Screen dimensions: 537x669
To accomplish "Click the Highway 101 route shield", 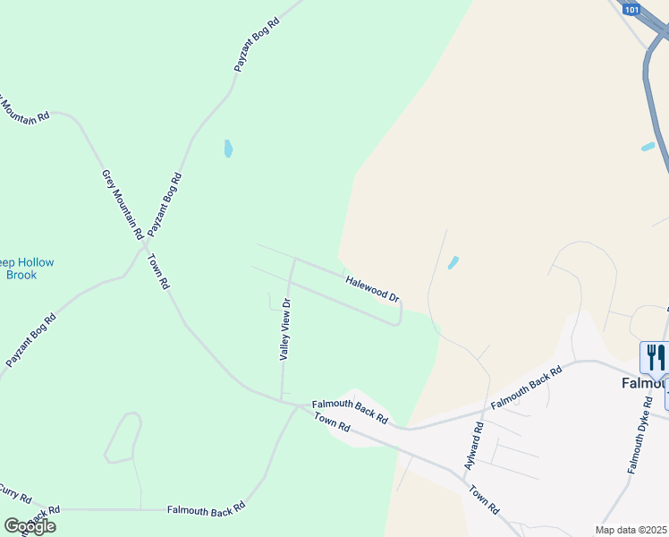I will (632, 10).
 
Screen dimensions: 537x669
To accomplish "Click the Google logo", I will (30, 526).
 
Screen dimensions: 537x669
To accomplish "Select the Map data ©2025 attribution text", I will (631, 530).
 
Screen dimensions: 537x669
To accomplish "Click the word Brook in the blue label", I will (21, 275).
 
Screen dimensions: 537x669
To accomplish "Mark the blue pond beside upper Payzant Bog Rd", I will (228, 149).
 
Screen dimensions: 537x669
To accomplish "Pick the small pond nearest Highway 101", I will (648, 147).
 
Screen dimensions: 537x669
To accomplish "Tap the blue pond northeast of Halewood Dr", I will (453, 262).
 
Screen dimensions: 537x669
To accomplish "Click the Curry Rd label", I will (15, 493).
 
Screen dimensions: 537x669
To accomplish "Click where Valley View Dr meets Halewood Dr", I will (294, 260).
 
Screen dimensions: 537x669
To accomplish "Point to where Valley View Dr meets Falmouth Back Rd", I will (283, 400).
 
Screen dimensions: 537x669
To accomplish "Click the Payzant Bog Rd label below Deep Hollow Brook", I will (31, 340).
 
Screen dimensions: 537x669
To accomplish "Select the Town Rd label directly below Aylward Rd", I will (484, 499).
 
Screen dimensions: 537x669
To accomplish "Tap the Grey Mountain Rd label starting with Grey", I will (123, 204).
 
